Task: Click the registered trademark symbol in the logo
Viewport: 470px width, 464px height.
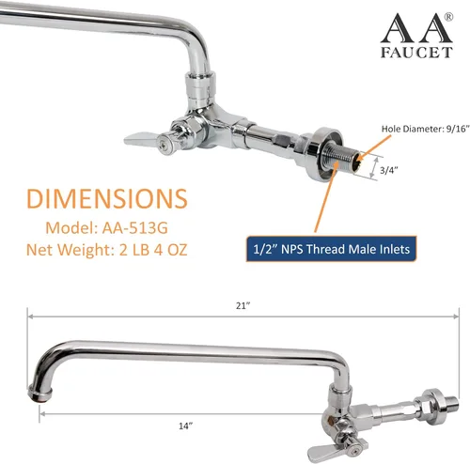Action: point(448,17)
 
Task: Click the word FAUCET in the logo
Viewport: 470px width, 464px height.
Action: point(416,53)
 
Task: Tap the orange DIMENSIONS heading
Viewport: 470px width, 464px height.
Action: point(107,198)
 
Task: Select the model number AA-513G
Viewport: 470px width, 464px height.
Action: point(135,227)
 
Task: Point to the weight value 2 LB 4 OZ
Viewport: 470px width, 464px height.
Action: point(153,250)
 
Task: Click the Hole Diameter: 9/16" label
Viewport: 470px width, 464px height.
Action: point(425,129)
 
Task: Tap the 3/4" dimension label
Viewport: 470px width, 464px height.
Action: point(389,170)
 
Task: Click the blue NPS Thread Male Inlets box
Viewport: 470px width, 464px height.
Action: point(331,249)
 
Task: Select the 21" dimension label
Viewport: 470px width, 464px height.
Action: point(243,305)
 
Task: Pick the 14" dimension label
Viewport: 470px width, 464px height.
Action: point(186,425)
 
